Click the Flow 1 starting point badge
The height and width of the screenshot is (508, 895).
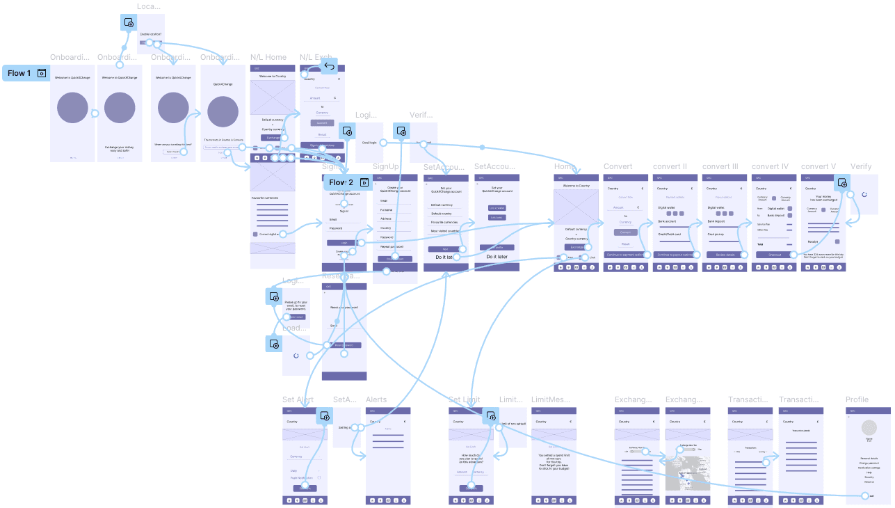tap(26, 73)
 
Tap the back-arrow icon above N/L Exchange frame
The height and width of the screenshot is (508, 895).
tap(329, 67)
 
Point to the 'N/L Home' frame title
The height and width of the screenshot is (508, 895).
tap(268, 57)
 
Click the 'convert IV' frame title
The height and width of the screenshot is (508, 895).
tap(770, 167)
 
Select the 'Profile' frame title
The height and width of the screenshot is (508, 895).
tap(857, 399)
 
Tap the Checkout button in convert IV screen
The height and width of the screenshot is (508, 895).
tap(774, 255)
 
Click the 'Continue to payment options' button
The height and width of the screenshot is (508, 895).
tap(625, 255)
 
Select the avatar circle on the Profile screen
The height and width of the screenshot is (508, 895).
tap(869, 428)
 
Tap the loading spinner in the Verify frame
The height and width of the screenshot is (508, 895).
tap(864, 194)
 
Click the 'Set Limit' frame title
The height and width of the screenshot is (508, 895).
tap(464, 399)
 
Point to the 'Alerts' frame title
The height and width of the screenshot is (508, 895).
tap(376, 399)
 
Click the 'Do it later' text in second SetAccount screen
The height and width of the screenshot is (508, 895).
tap(497, 257)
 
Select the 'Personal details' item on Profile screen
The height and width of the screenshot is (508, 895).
tap(869, 459)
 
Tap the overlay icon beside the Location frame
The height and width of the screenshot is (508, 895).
tap(129, 23)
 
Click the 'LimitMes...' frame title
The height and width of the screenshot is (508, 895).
tap(550, 399)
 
